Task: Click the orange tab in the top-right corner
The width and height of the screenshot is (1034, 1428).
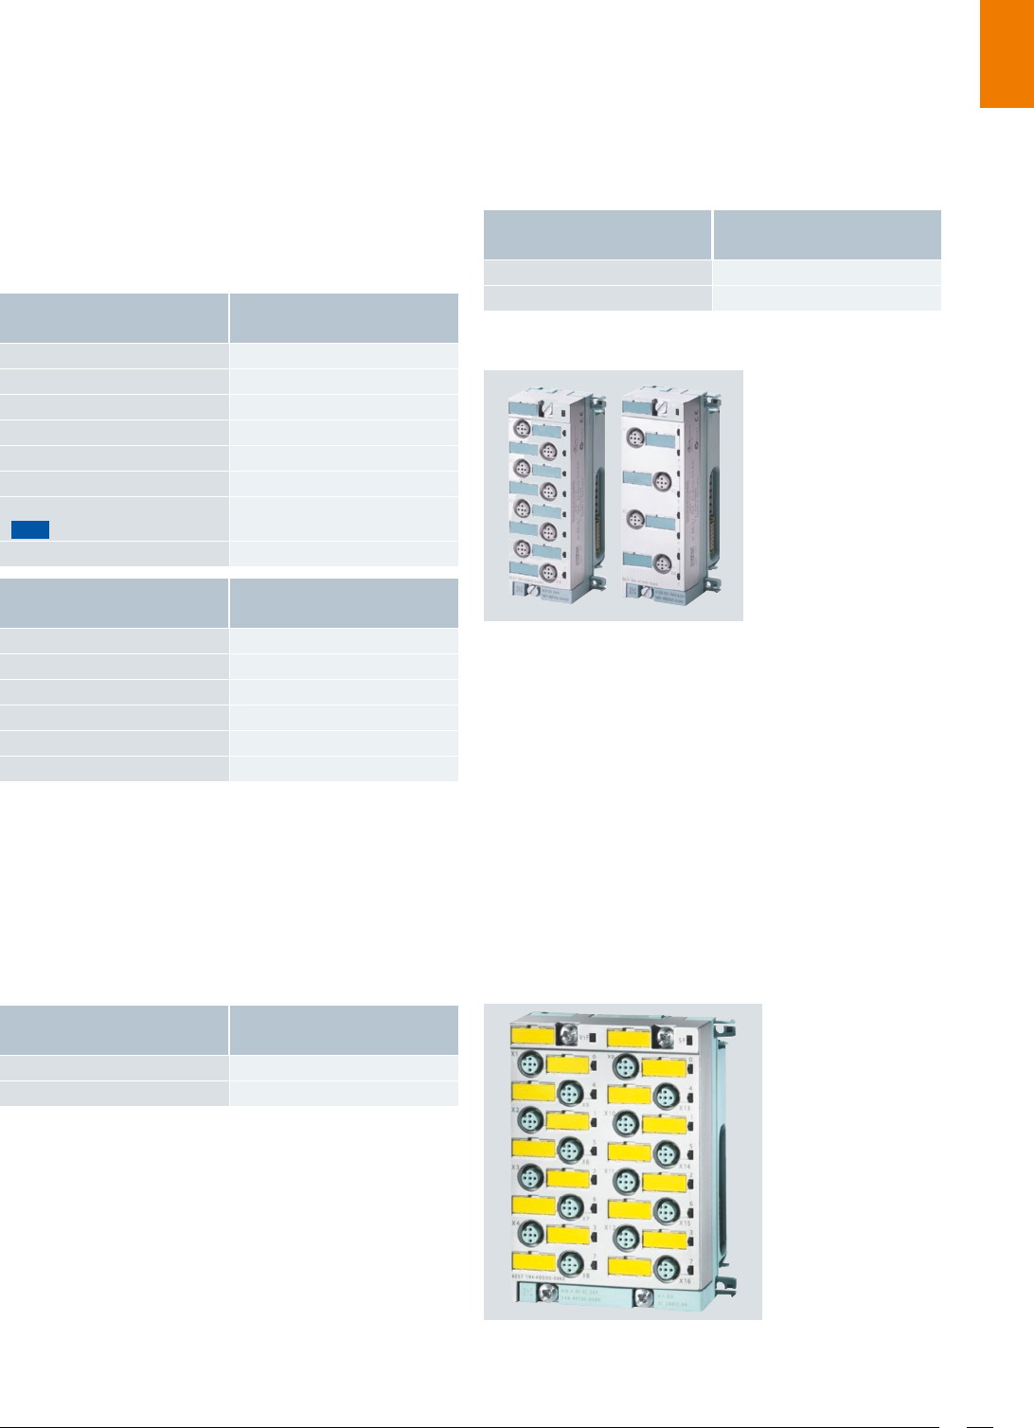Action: pyautogui.click(x=1007, y=54)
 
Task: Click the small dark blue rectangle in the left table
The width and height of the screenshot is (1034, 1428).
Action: pyautogui.click(x=30, y=529)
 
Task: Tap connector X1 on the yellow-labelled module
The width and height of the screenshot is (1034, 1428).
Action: pyautogui.click(x=529, y=1066)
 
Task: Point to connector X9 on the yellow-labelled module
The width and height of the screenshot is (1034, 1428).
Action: pyautogui.click(x=625, y=1066)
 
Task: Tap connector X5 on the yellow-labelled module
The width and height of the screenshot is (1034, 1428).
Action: pyautogui.click(x=569, y=1094)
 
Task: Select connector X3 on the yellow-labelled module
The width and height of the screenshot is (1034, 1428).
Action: pyautogui.click(x=529, y=1180)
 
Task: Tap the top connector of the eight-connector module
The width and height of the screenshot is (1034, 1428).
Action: pyautogui.click(x=522, y=429)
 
